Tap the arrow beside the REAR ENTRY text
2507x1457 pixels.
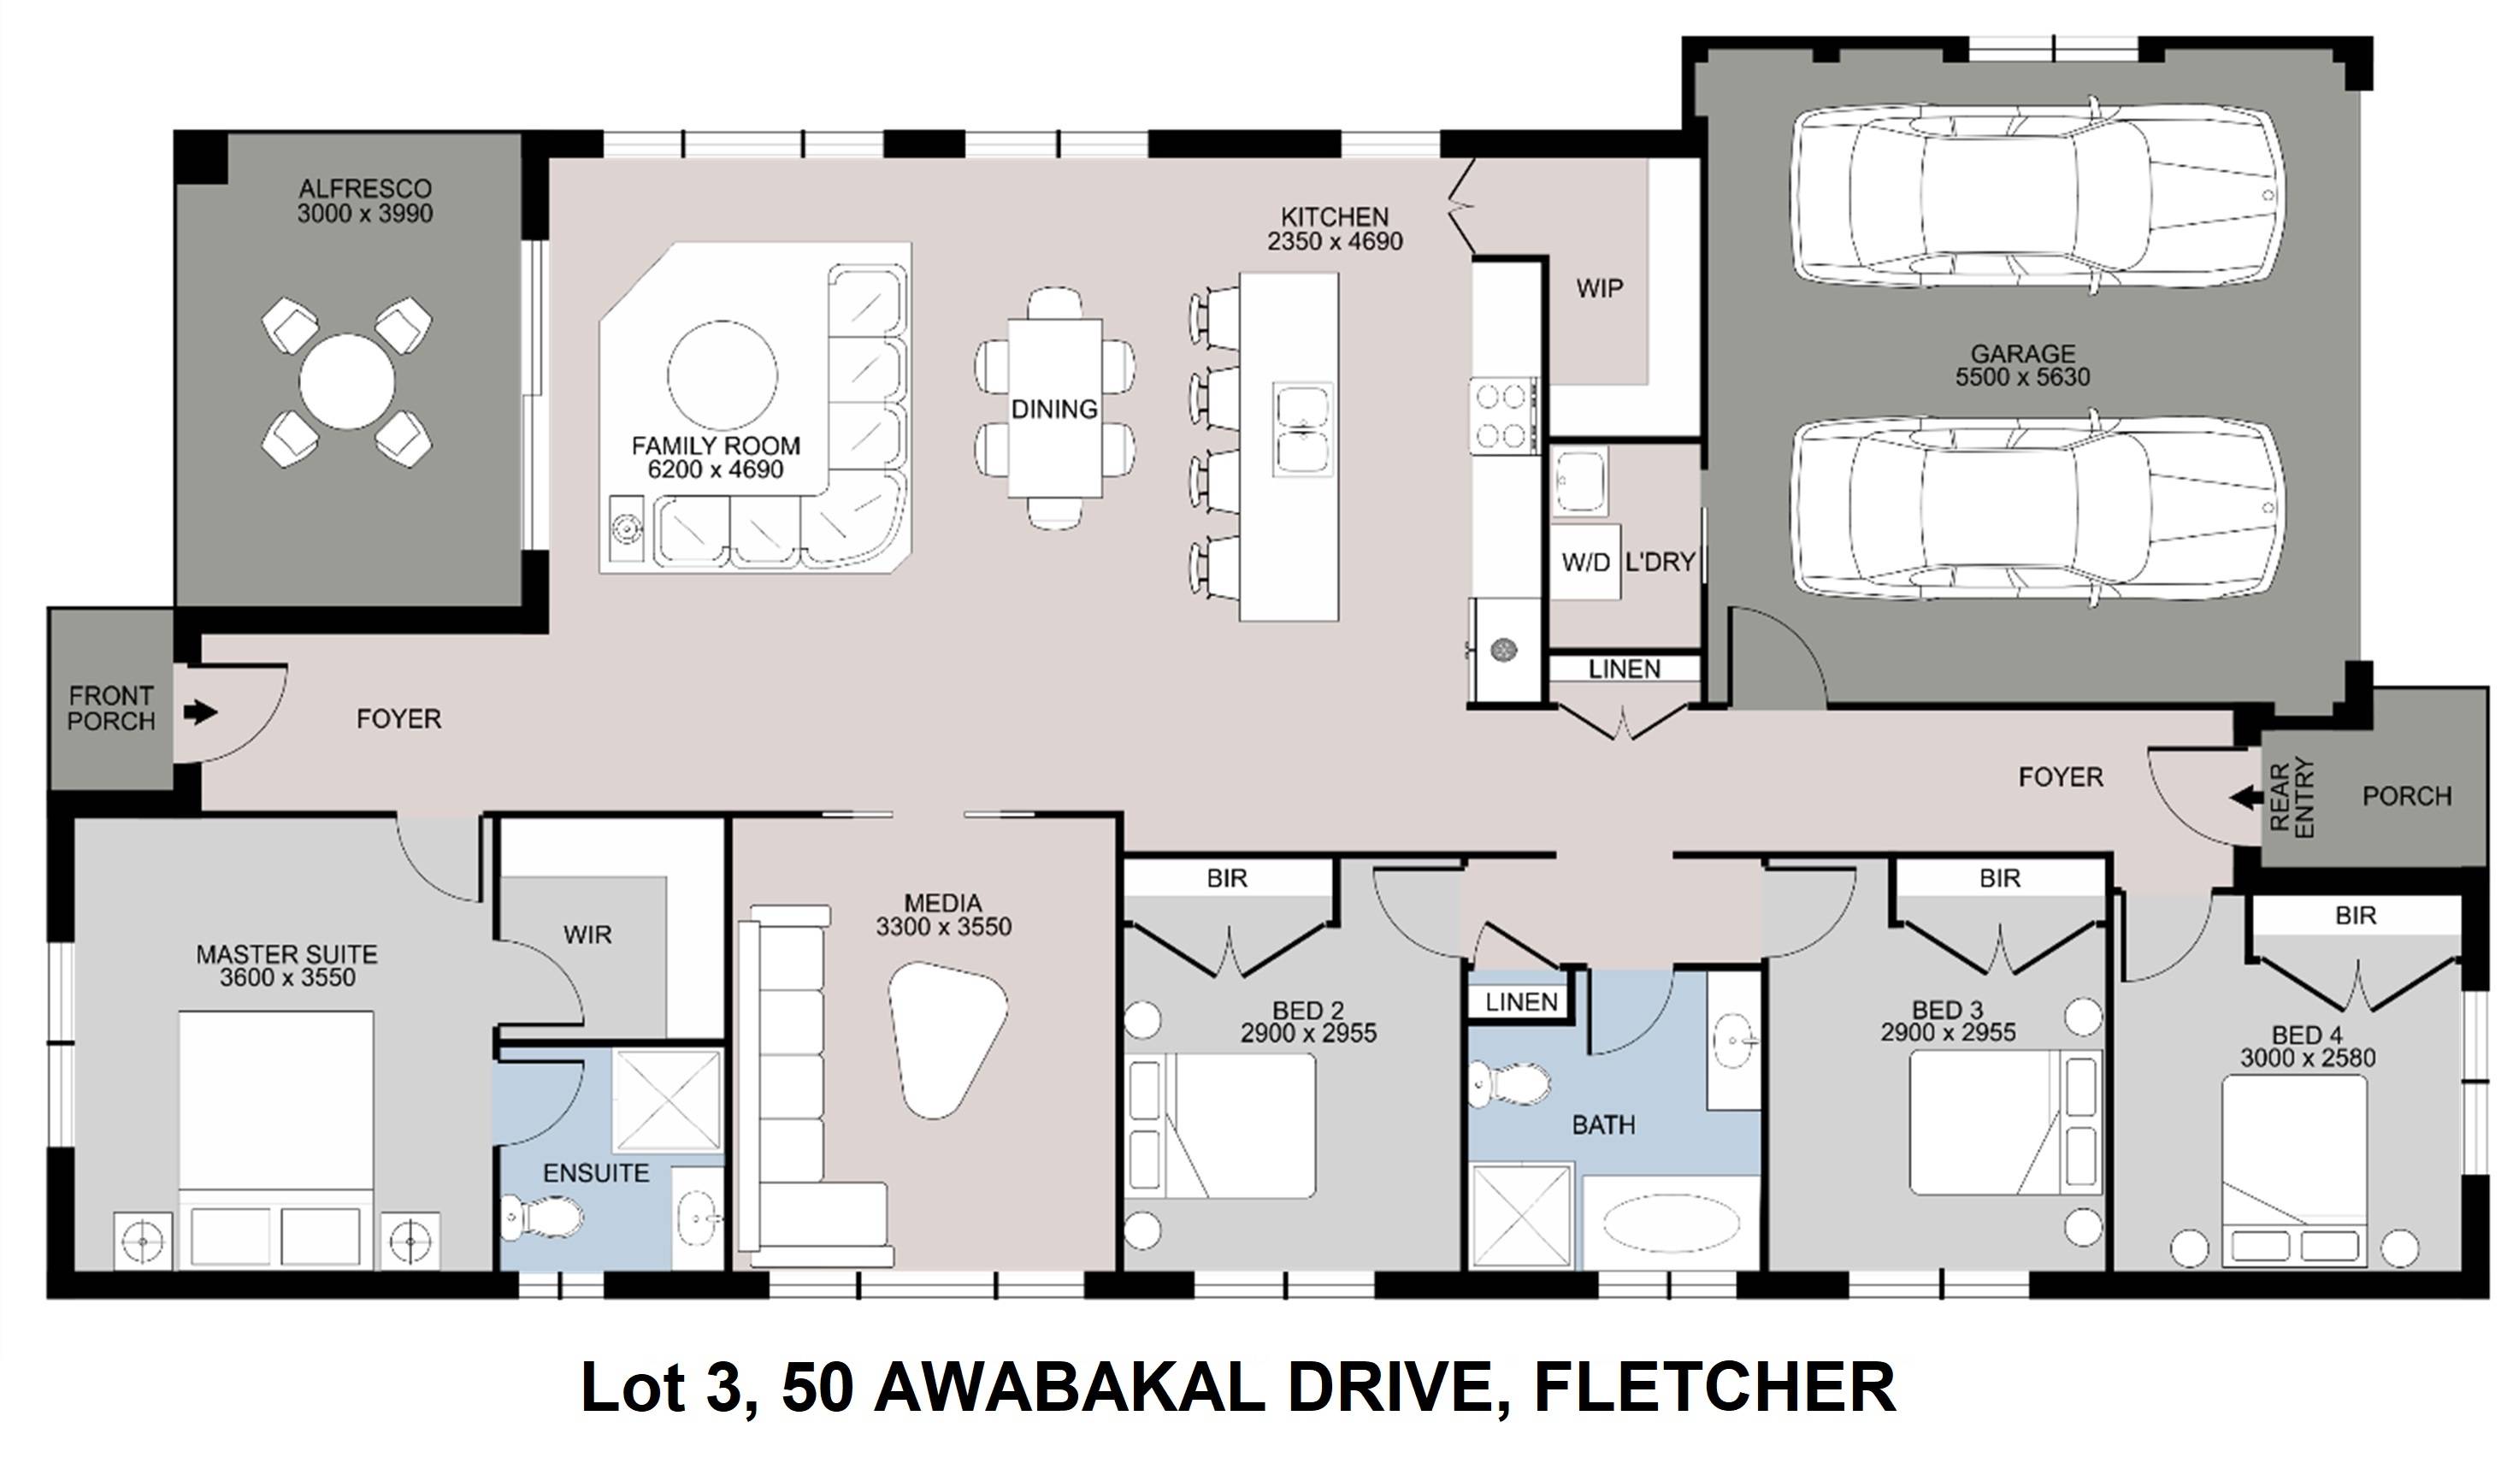pos(2245,798)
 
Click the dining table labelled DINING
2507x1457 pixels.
pos(1054,408)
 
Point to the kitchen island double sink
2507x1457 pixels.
pos(1303,429)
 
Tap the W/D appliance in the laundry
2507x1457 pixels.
pos(1584,562)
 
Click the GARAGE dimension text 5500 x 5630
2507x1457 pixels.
pos(2022,377)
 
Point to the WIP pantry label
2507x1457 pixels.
pos(1600,288)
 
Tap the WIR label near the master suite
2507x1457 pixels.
pos(587,935)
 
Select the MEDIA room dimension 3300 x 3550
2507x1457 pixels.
pos(943,927)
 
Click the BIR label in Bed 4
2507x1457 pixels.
pos(2355,915)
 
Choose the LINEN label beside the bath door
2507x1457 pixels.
pos(1521,1002)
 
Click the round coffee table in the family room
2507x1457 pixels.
pos(723,376)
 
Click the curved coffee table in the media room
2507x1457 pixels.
pos(946,1038)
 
